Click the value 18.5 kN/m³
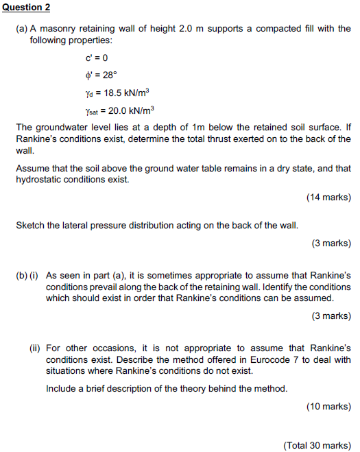[x=123, y=92]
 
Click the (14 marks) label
[x=328, y=198]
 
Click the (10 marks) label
[x=328, y=406]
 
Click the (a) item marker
[x=22, y=29]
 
